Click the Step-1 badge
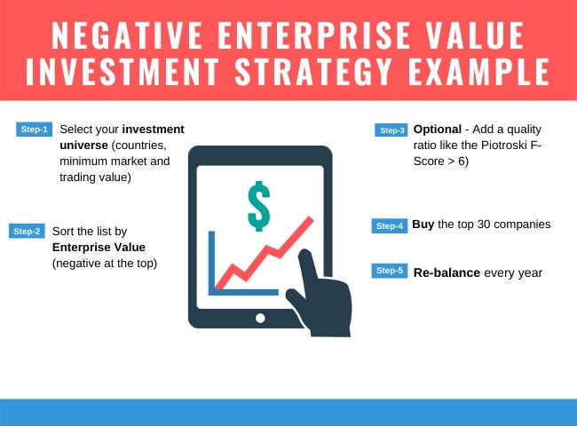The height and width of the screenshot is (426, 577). click(x=35, y=130)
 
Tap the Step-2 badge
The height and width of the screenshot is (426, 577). click(x=27, y=231)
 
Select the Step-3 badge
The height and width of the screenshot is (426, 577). click(x=391, y=130)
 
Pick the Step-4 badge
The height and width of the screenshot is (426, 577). click(x=390, y=226)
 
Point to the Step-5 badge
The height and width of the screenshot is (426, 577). click(x=390, y=271)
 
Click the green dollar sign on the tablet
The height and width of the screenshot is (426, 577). click(x=259, y=206)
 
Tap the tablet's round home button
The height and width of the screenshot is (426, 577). click(x=260, y=319)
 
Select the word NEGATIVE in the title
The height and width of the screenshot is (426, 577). click(x=127, y=35)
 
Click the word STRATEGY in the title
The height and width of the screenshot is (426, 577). click(x=313, y=71)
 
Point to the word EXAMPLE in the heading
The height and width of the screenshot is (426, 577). click(x=478, y=71)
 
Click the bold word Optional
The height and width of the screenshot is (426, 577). click(x=438, y=130)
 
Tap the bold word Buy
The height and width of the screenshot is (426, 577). click(x=423, y=225)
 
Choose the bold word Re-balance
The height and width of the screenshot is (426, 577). click(x=447, y=272)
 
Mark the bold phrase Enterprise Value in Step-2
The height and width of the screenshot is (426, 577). click(x=99, y=248)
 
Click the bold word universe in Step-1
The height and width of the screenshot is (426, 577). click(x=83, y=146)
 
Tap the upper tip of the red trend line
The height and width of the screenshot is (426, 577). click(x=312, y=219)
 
